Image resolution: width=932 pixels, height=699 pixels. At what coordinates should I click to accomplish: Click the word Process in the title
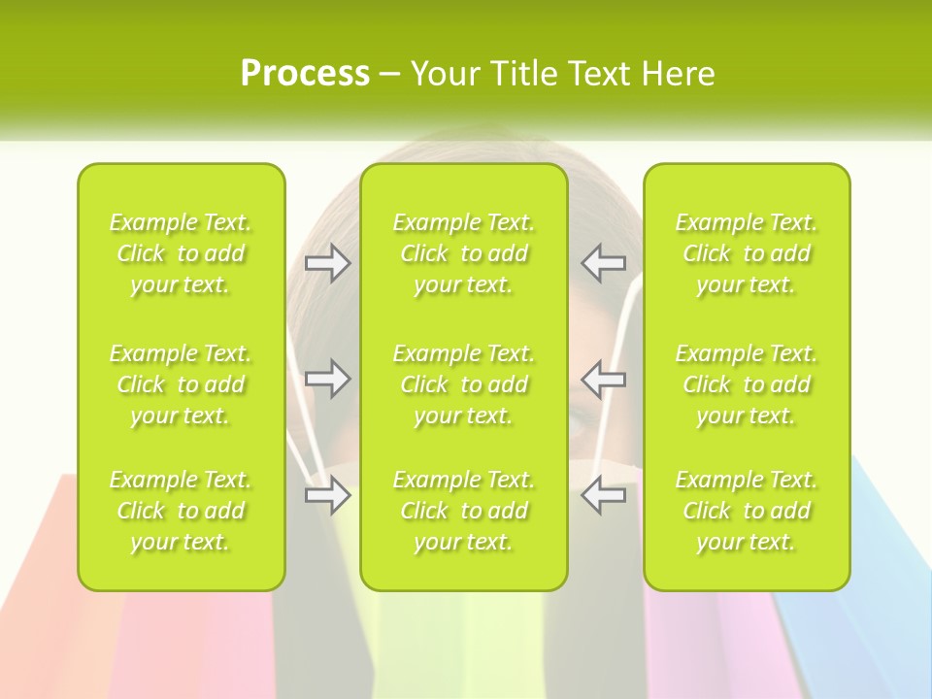[305, 74]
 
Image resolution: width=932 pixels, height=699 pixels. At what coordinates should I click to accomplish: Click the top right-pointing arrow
[328, 263]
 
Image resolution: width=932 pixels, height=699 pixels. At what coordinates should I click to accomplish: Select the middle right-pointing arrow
[328, 379]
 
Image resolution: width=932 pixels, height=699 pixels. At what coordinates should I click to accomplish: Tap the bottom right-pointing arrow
[328, 495]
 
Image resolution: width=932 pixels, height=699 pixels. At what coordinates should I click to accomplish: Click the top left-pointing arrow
[604, 263]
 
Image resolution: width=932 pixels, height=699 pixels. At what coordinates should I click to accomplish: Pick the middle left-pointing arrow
[604, 379]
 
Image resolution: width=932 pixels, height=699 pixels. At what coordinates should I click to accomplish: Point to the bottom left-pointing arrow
[604, 495]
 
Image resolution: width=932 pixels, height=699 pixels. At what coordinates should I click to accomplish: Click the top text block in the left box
[181, 253]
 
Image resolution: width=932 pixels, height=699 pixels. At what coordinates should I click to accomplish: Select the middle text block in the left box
[181, 384]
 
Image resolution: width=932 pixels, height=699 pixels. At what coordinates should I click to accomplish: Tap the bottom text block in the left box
[181, 511]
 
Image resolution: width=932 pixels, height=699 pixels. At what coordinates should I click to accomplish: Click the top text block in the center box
[464, 253]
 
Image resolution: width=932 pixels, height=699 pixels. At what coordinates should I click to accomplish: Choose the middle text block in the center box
[464, 384]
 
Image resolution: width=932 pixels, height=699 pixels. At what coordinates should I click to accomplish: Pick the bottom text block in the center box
[464, 511]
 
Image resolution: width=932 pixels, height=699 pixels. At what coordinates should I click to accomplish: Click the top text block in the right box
[747, 253]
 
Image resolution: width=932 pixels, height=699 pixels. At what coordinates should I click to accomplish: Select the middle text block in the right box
[747, 384]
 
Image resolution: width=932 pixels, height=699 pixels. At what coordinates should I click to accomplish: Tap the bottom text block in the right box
[747, 511]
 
